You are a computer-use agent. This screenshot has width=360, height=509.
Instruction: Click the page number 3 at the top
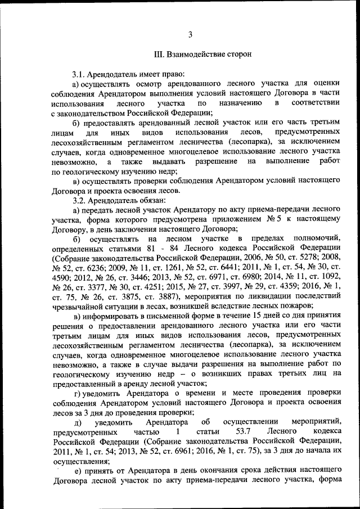coord(190,35)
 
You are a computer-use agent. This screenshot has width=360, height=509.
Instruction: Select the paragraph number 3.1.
coord(79,74)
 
